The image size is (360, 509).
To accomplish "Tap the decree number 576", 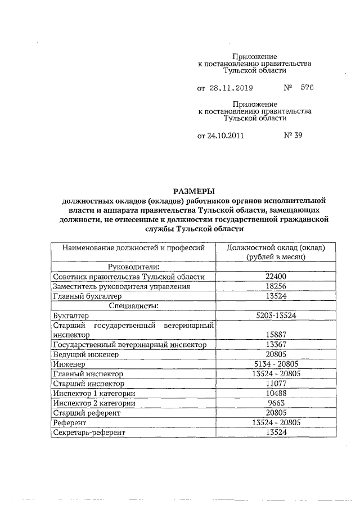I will (x=307, y=88).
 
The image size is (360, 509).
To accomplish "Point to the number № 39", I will (x=294, y=135).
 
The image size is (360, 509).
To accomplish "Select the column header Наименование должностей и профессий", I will (x=133, y=247).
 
